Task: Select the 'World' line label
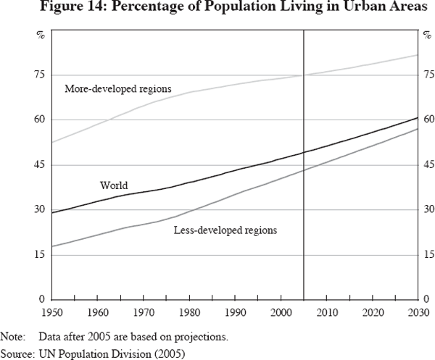pos(114,186)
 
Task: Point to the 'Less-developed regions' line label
pos(225,230)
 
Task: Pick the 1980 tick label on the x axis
pos(191,312)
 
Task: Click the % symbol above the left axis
pos(41,34)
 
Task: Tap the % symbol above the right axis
pos(426,34)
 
